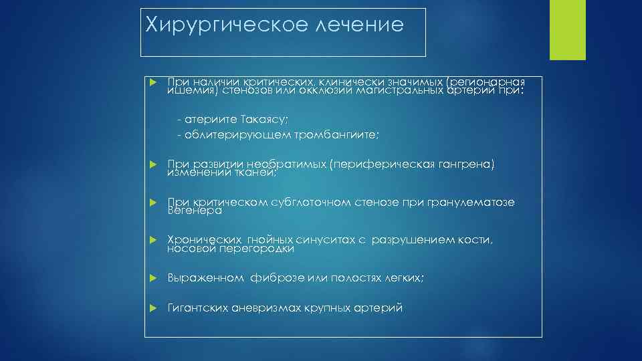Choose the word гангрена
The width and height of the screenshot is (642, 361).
pyautogui.click(x=464, y=164)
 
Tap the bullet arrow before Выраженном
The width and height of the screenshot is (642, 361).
pyautogui.click(x=152, y=278)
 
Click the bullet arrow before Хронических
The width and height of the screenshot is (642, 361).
pyautogui.click(x=152, y=241)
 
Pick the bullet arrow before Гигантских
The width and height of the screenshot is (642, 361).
pyautogui.click(x=152, y=309)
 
